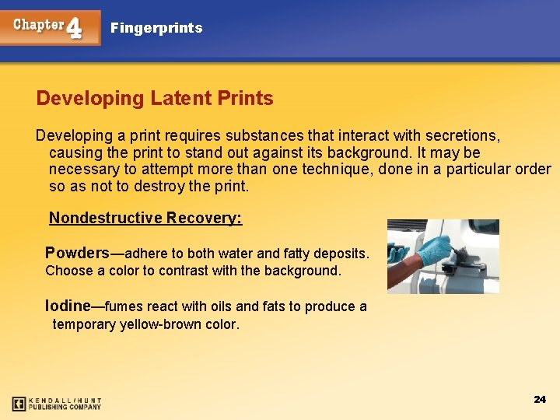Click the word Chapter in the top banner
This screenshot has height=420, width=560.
(37, 24)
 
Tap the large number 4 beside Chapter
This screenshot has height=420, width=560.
(74, 29)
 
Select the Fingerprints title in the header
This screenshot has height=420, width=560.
(156, 28)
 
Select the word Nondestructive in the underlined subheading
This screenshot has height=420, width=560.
(106, 218)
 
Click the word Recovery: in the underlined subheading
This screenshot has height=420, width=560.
(204, 218)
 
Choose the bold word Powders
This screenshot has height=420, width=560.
(77, 253)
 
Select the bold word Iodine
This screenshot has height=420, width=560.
(68, 306)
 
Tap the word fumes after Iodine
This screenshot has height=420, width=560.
(123, 306)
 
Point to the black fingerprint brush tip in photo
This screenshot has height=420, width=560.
(459, 251)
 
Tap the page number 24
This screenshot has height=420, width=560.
(540, 399)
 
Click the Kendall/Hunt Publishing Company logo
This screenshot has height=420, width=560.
(57, 404)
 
